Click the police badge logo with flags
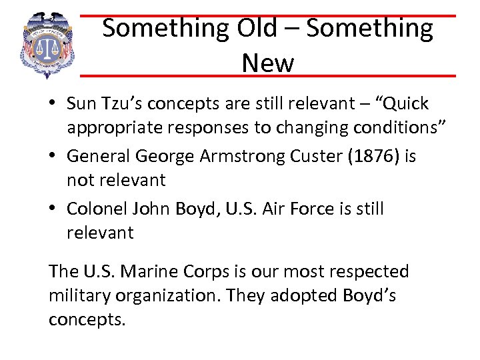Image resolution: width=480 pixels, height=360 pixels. pyautogui.click(x=47, y=45)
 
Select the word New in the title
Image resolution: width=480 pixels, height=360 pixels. pyautogui.click(x=267, y=63)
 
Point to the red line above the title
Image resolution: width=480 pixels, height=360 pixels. pyautogui.click(x=267, y=15)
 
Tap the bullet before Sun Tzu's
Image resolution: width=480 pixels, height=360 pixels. pyautogui.click(x=53, y=105)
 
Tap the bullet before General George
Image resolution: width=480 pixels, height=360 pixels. pyautogui.click(x=53, y=157)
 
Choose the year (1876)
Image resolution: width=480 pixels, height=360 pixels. pyautogui.click(x=378, y=156)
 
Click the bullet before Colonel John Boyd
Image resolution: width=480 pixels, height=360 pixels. pyautogui.click(x=53, y=209)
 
